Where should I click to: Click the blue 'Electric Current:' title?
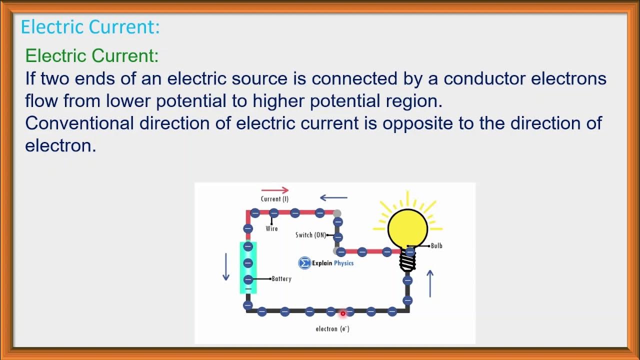point(90,26)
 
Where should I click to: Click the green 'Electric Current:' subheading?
point(92,55)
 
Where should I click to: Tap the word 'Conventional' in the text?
point(79,123)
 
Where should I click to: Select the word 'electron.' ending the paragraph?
point(60,145)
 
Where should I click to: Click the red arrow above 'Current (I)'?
point(275,190)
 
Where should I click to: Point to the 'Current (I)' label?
point(274,199)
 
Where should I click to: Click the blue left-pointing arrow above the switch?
point(333,197)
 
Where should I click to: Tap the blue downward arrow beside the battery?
point(225,266)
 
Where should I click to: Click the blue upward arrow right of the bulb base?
point(429,283)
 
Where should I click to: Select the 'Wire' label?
point(271,228)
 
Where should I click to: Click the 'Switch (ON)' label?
point(310,235)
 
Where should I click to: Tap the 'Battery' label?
point(281,278)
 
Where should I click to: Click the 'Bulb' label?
point(436,245)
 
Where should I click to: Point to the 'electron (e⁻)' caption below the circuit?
point(332,329)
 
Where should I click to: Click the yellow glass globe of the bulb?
point(408,227)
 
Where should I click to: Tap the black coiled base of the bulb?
point(407,260)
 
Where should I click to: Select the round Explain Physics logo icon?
point(304,263)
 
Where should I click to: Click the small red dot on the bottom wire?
point(343,313)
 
